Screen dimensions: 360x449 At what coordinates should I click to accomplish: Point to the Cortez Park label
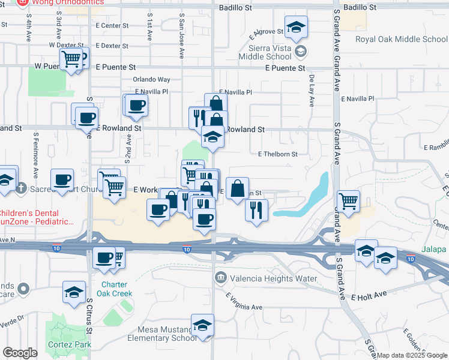(71, 344)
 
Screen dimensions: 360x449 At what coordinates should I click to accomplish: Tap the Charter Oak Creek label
(116, 289)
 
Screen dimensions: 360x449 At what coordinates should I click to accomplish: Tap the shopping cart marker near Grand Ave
(348, 201)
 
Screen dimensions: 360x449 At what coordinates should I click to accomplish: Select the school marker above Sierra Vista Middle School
(296, 28)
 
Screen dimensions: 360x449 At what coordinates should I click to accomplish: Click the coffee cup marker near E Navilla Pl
(137, 105)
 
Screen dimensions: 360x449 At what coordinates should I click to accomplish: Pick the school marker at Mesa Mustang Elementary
(203, 326)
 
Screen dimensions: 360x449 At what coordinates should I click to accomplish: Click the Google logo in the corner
(20, 353)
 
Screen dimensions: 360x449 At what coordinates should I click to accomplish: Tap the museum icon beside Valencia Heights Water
(221, 278)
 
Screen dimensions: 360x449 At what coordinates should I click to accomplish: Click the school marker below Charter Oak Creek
(74, 293)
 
